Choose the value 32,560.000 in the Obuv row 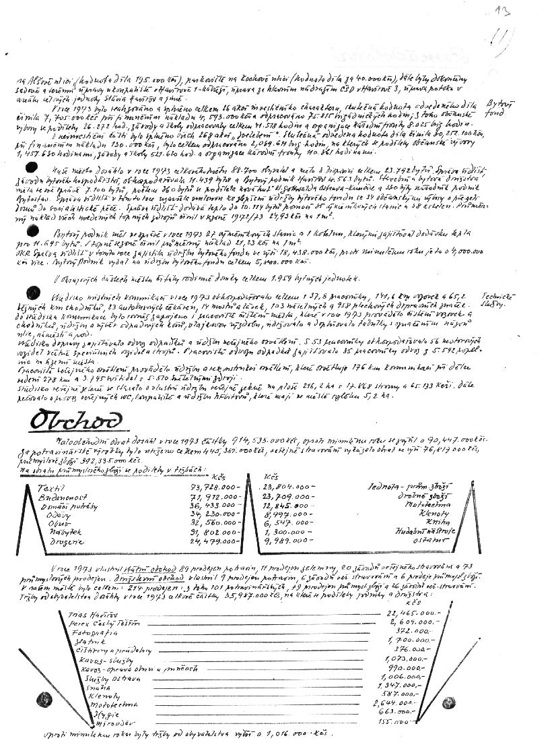(x=215, y=522)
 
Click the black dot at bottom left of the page (x=44, y=697)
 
